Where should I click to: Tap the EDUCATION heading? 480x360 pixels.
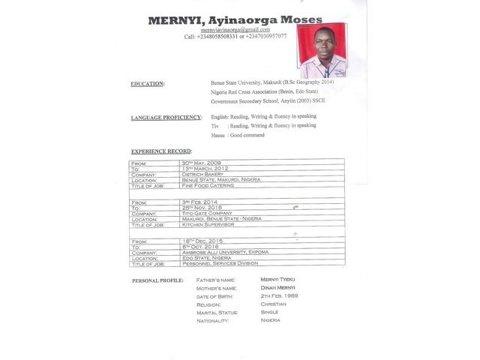coord(148,84)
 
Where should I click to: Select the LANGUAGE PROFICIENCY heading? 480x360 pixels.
coord(166,118)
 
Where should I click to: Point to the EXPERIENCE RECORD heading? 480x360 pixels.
coord(160,151)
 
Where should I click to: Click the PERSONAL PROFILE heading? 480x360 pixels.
coord(157,280)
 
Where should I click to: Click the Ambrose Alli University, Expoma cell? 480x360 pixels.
coord(225,253)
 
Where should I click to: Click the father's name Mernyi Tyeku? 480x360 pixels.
coord(277,278)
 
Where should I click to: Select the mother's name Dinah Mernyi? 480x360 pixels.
coord(277,288)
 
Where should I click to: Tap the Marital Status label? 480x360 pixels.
coord(217,312)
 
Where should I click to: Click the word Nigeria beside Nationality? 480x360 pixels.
coord(270,320)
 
